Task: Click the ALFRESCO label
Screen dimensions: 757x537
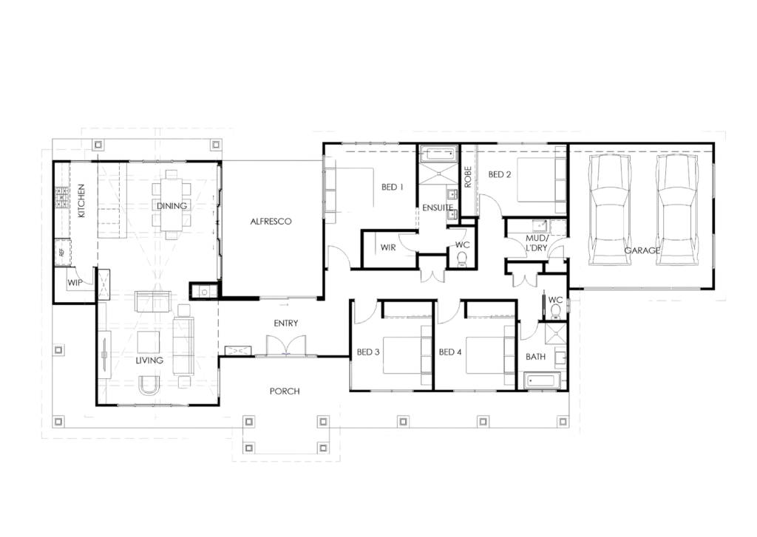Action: point(271,222)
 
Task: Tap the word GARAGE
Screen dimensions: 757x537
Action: point(642,250)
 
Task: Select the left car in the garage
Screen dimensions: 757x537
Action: point(609,209)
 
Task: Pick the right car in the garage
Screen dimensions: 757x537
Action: point(677,209)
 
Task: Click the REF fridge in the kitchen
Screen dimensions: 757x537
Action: point(63,253)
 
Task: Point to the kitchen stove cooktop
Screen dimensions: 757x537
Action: point(62,198)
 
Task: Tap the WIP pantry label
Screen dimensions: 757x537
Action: point(75,283)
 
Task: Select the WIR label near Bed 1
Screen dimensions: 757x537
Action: point(388,247)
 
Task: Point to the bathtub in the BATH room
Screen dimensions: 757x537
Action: point(542,380)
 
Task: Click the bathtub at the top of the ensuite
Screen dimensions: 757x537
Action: point(438,155)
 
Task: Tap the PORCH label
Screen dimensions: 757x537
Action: point(285,391)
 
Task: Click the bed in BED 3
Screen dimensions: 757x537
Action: point(407,356)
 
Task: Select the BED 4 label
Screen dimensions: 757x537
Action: point(450,352)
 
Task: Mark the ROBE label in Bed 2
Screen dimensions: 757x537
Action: point(468,177)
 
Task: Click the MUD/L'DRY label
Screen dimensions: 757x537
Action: point(537,243)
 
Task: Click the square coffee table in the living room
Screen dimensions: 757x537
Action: point(149,342)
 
